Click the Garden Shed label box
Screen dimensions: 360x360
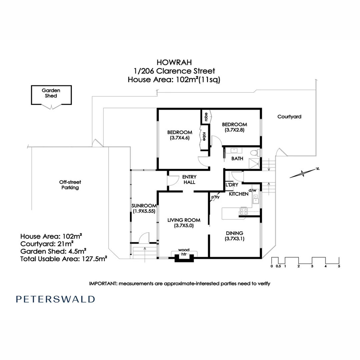point(51,94)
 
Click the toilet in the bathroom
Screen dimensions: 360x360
point(255,153)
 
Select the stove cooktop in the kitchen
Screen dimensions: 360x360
point(244,211)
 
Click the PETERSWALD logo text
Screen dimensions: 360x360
point(55,299)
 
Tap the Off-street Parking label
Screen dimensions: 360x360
point(70,185)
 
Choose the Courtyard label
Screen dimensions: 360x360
point(289,117)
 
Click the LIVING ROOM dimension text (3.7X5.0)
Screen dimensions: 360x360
point(184,225)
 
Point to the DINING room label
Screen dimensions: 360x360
point(234,233)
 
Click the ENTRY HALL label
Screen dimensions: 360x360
point(189,179)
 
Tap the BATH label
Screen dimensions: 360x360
point(237,159)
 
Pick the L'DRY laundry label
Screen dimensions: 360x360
point(232,185)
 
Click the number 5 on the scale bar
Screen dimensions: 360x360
point(339,266)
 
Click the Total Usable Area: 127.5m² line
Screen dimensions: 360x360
point(63,259)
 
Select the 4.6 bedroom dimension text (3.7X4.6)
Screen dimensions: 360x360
point(180,138)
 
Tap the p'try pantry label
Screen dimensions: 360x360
point(215,197)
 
